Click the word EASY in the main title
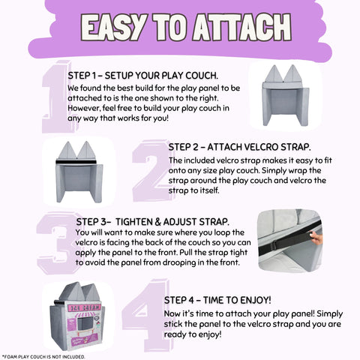(x=114, y=28)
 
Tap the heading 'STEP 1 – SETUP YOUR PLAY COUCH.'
(x=143, y=76)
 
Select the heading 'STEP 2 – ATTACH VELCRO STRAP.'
(x=239, y=147)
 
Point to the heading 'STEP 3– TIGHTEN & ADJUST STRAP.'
(x=152, y=222)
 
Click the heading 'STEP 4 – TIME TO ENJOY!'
(x=217, y=300)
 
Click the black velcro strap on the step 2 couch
(x=76, y=162)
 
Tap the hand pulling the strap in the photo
(x=316, y=238)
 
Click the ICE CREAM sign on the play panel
(x=85, y=307)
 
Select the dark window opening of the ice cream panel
(x=85, y=325)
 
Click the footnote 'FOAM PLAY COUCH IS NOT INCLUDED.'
(x=43, y=357)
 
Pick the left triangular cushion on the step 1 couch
(x=274, y=73)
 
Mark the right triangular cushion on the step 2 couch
(x=86, y=150)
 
